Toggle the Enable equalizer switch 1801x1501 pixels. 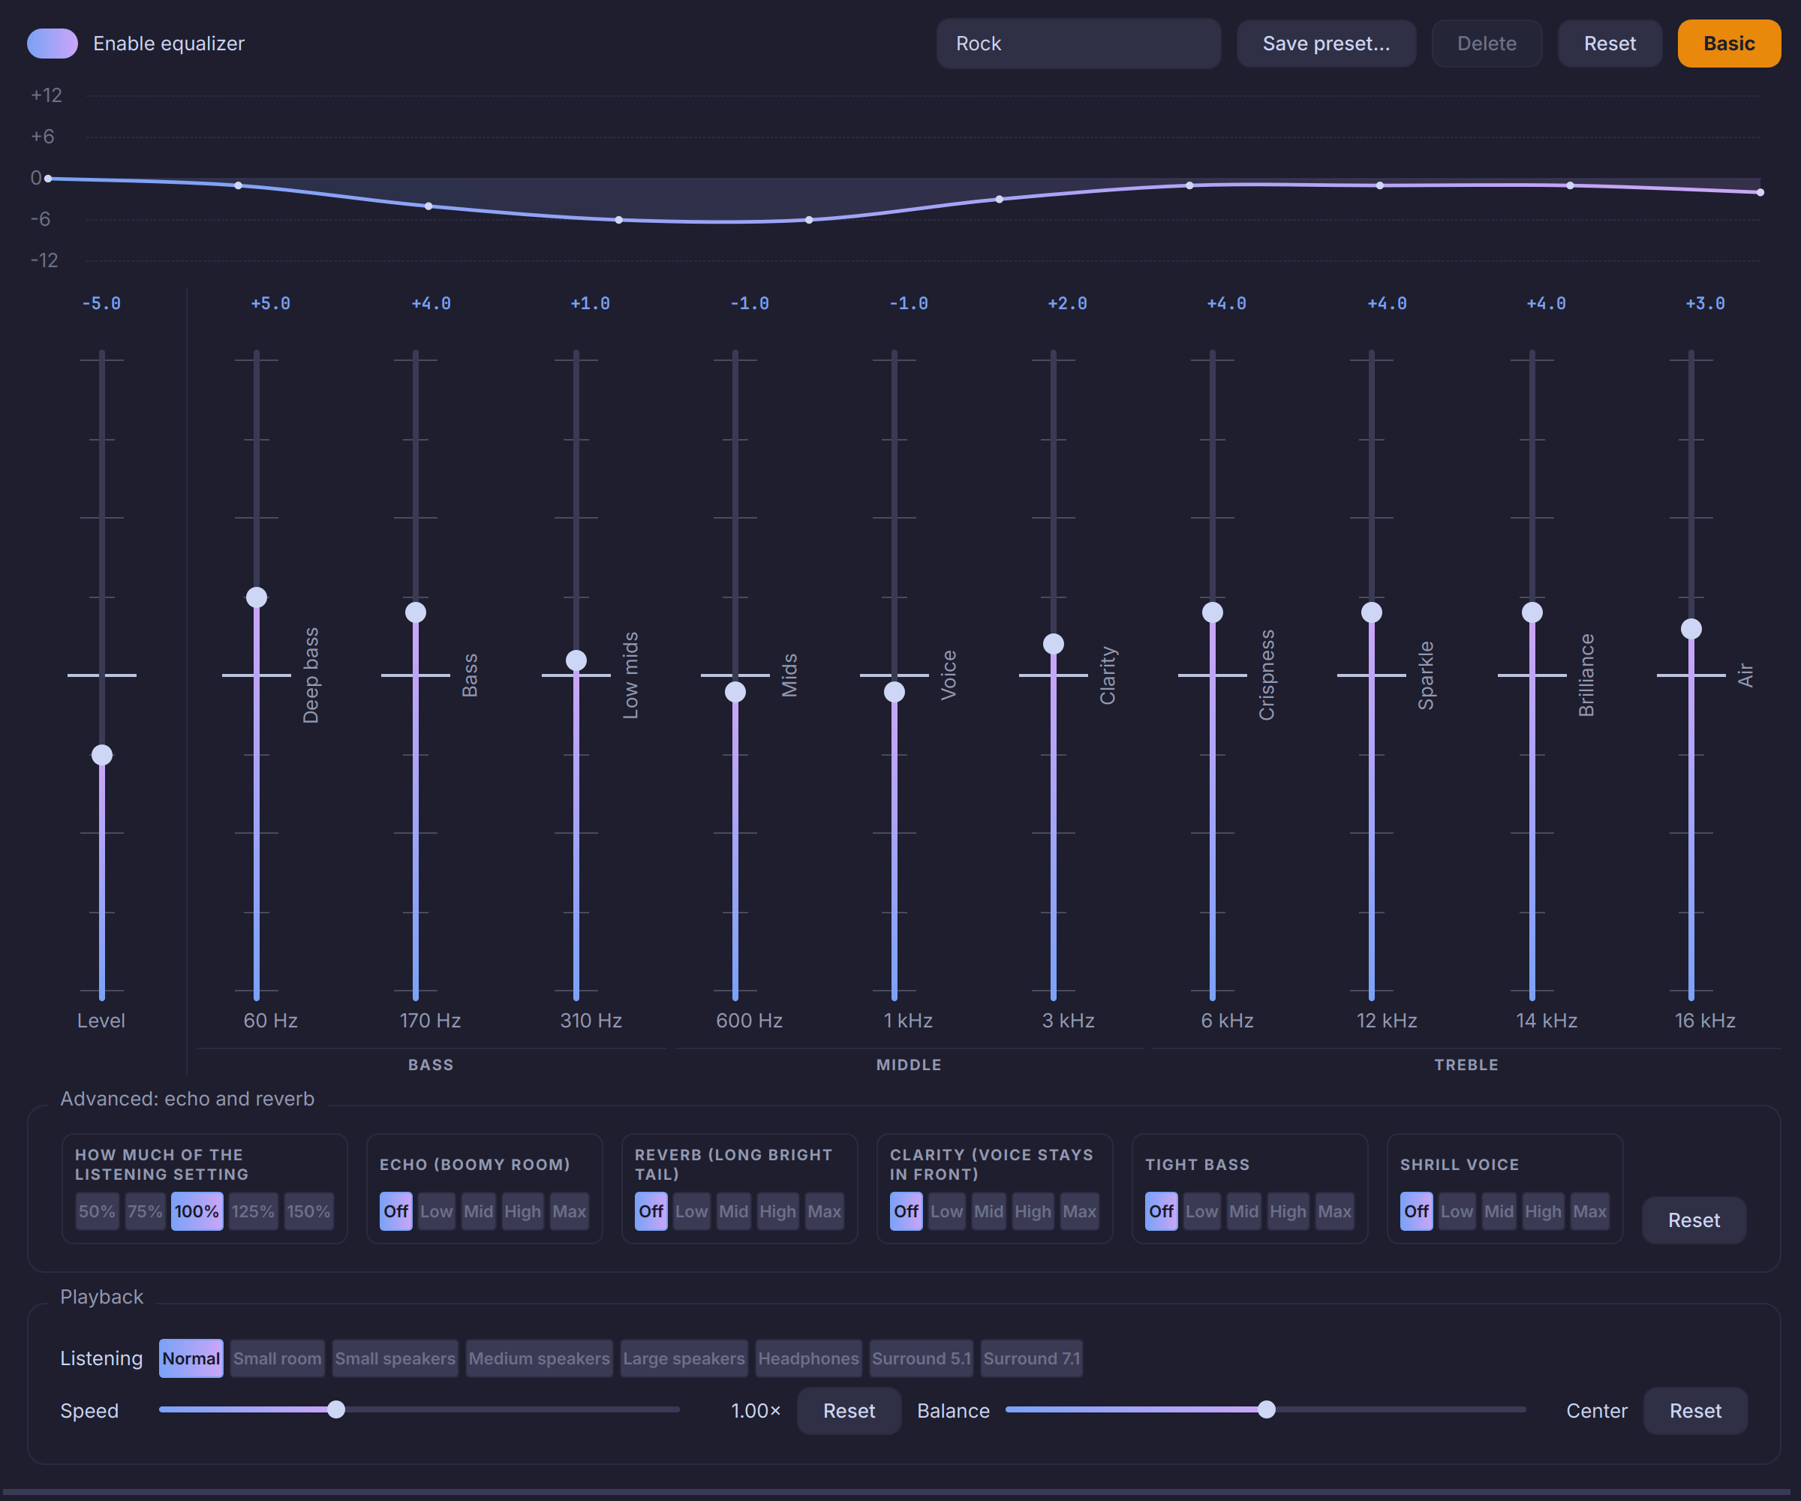tap(53, 43)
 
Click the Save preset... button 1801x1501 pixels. tap(1326, 44)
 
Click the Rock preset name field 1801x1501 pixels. tap(1078, 44)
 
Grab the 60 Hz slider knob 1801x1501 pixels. tap(257, 597)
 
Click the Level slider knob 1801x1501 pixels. tap(102, 755)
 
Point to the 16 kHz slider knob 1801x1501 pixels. tap(1691, 629)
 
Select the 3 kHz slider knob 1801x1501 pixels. tap(1053, 644)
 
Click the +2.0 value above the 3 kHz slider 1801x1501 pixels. tap(1067, 304)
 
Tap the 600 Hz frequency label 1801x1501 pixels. tap(749, 1021)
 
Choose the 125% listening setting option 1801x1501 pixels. tap(253, 1211)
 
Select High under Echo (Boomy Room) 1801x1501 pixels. tap(522, 1211)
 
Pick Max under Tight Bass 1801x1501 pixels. tap(1334, 1211)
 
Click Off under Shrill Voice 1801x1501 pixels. tap(1416, 1211)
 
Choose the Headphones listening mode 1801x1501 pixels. tap(808, 1358)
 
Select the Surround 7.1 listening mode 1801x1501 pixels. tap(1032, 1358)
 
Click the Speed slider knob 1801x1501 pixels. tap(336, 1409)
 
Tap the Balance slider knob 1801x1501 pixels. tap(1267, 1409)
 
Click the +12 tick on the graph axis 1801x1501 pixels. tap(47, 95)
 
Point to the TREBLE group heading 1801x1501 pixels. tap(1466, 1064)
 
